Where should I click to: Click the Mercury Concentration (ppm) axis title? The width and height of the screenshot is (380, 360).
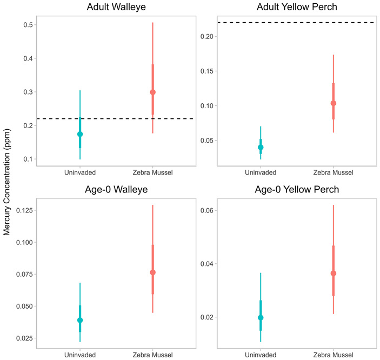(8, 180)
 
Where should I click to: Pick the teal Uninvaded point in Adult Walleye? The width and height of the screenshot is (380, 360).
(80, 134)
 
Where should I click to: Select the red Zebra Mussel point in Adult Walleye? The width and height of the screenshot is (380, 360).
(152, 92)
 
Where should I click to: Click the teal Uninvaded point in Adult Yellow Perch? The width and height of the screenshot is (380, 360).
(261, 147)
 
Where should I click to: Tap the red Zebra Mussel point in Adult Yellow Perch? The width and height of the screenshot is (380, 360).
(334, 103)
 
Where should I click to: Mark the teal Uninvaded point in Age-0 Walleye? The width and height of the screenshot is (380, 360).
(80, 320)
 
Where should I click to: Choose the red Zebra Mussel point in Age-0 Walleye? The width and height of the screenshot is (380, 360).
(152, 272)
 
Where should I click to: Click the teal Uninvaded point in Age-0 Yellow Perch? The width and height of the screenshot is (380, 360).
(261, 318)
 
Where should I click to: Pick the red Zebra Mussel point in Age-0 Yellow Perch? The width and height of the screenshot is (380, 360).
(334, 273)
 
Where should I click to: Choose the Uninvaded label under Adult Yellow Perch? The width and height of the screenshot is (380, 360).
(261, 172)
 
